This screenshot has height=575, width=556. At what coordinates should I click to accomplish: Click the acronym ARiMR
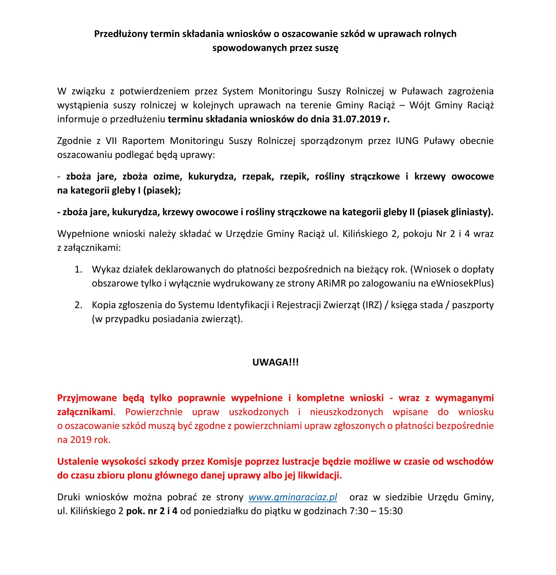[331, 283]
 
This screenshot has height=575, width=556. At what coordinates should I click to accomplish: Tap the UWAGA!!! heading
[275, 362]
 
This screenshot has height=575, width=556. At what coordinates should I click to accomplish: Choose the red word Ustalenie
[78, 461]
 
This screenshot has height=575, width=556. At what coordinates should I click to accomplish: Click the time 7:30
[359, 511]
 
